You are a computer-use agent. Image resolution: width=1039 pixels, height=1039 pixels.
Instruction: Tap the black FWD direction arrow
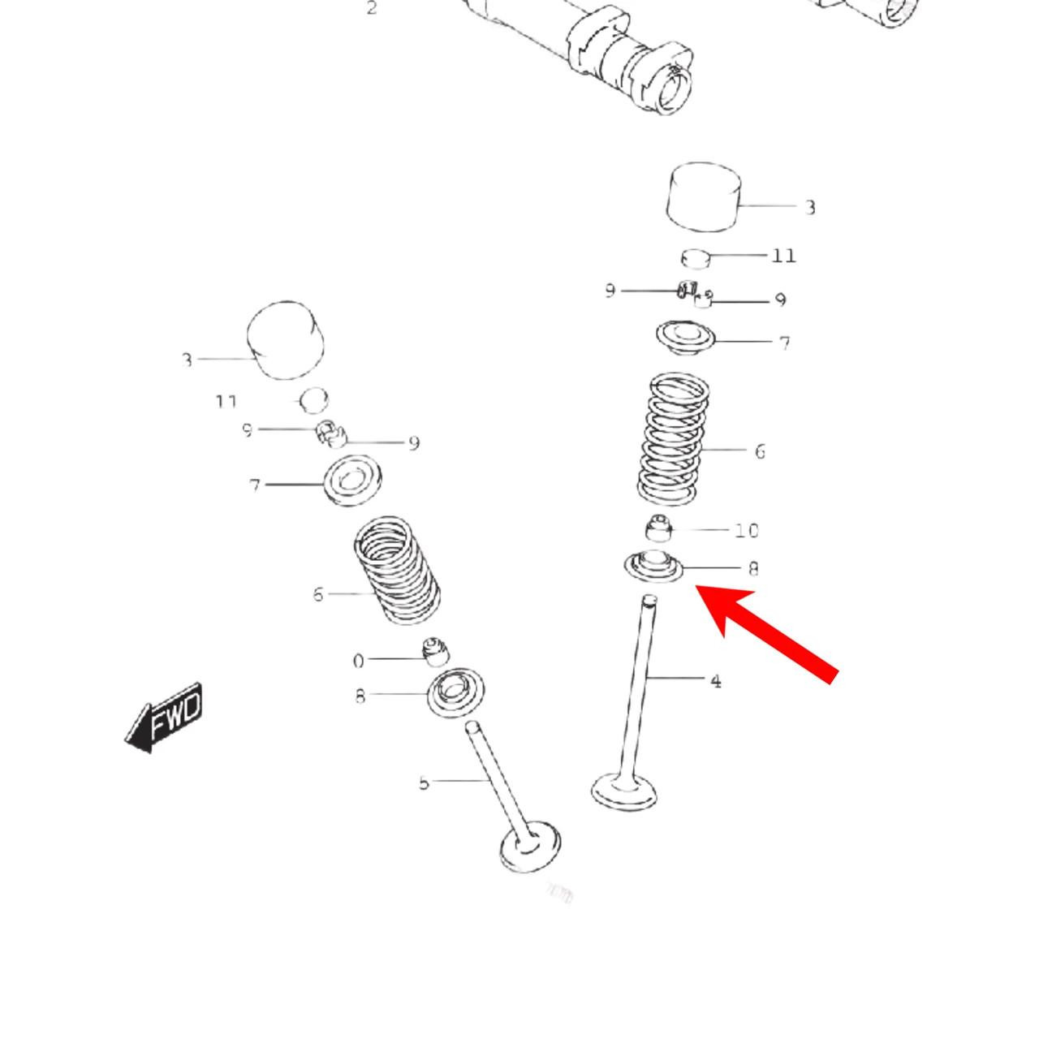point(166,717)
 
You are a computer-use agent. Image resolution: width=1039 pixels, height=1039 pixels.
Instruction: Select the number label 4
point(715,681)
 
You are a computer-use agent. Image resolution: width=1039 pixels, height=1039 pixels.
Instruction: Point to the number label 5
point(424,782)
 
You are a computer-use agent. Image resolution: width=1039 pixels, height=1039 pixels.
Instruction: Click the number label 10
point(746,531)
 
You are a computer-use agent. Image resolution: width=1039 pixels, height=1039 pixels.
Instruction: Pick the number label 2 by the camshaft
point(372,9)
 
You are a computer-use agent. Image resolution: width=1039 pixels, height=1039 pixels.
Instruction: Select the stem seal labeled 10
point(659,528)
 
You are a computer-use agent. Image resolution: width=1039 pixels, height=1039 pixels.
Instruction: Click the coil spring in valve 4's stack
point(673,438)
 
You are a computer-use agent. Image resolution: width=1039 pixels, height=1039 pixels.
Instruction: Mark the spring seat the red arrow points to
point(653,566)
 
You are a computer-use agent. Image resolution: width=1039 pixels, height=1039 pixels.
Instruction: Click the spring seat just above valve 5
point(456,692)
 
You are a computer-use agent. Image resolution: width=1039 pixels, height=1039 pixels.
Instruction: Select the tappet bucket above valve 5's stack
point(285,340)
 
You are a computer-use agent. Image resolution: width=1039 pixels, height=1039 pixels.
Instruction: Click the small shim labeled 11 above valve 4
point(696,257)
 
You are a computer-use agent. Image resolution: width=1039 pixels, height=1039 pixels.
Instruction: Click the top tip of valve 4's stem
point(649,601)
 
